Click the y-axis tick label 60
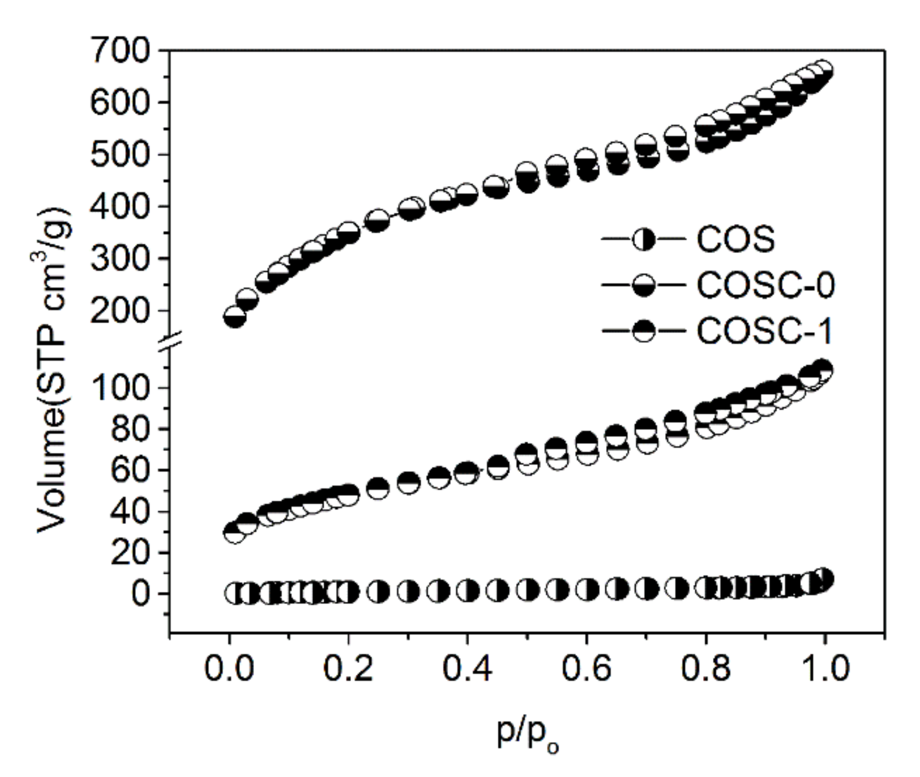tap(135, 470)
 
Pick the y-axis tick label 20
tap(135, 553)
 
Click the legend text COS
tap(736, 240)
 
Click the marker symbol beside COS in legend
tap(644, 241)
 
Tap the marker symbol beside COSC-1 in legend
tap(644, 331)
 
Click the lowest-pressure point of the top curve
tap(234, 317)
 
